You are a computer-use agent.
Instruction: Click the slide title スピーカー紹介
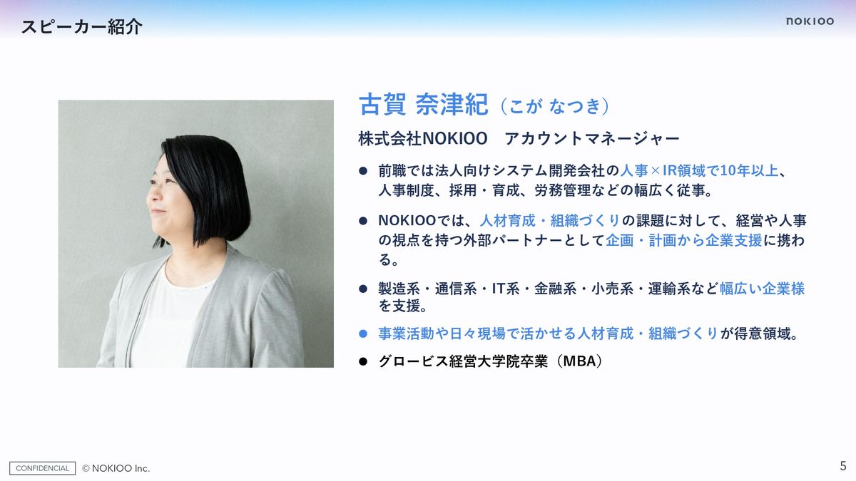(x=81, y=27)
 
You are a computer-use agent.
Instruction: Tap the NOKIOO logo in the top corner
(x=810, y=21)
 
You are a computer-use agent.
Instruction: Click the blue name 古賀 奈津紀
(x=424, y=104)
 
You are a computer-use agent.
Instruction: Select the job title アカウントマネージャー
(x=592, y=138)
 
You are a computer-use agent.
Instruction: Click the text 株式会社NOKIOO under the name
(x=422, y=138)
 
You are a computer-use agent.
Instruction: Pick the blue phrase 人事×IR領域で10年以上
(x=699, y=170)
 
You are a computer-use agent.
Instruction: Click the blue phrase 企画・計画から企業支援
(x=683, y=241)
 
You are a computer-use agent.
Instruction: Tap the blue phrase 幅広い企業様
(x=762, y=289)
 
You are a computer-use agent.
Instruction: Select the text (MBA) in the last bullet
(x=580, y=361)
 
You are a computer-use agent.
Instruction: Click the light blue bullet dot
(x=363, y=334)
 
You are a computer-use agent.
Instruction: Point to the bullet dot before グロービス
(x=363, y=361)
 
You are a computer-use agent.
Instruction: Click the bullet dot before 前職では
(x=363, y=171)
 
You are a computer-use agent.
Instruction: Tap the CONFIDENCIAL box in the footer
(x=42, y=468)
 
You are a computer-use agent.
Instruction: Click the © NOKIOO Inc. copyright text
(x=116, y=468)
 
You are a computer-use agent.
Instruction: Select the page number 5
(x=843, y=466)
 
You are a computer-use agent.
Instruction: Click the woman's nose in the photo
(x=152, y=195)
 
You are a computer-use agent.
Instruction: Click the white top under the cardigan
(x=168, y=321)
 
